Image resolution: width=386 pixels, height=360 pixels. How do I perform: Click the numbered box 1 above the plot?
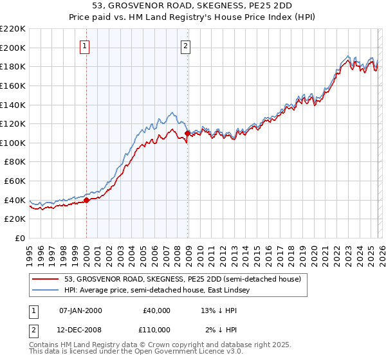coord(86,46)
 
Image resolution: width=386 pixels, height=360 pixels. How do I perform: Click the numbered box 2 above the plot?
coord(185,46)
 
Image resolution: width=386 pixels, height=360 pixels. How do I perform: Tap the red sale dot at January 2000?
coord(86,200)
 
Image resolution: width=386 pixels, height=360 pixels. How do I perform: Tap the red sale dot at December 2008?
coord(187,134)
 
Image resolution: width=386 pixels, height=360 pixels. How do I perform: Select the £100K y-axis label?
coord(14,143)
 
